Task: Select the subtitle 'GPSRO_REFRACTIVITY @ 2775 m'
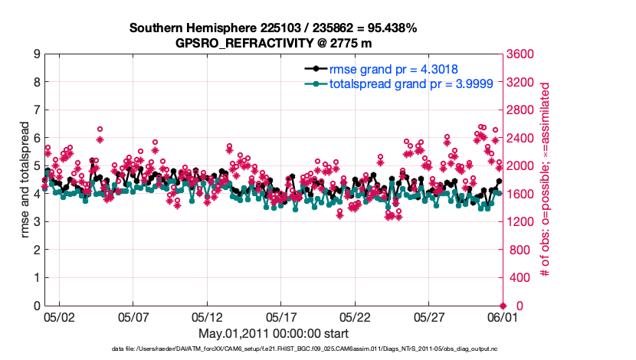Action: (274, 43)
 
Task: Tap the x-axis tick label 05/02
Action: (59, 316)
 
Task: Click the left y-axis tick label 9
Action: (36, 54)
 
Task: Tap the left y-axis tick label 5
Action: (36, 166)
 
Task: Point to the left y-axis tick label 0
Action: (36, 306)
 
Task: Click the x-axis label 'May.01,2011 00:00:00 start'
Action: (274, 333)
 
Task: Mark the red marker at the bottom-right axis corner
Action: (503, 306)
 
